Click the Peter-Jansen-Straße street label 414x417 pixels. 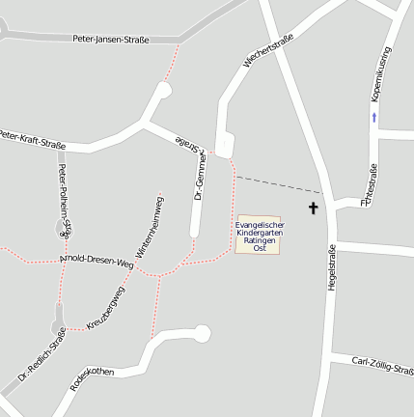(111, 40)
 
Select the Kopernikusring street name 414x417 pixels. (382, 75)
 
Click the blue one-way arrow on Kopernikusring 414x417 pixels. (374, 118)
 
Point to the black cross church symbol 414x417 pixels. (313, 208)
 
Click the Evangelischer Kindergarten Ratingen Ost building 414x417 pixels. (259, 236)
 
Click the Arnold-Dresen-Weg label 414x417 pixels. (97, 261)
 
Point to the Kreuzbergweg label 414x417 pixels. (106, 308)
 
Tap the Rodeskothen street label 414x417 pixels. (93, 377)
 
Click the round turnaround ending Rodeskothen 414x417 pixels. (201, 334)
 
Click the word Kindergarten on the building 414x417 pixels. (259, 233)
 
